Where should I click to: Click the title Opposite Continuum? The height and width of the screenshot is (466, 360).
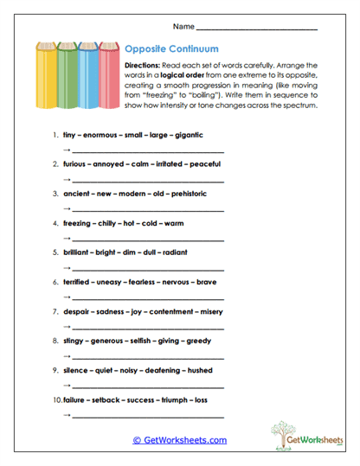click(171, 49)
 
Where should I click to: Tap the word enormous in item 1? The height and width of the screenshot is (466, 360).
click(100, 136)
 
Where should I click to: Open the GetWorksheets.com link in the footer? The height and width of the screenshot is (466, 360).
click(179, 440)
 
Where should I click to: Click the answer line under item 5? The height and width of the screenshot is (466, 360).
click(147, 269)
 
